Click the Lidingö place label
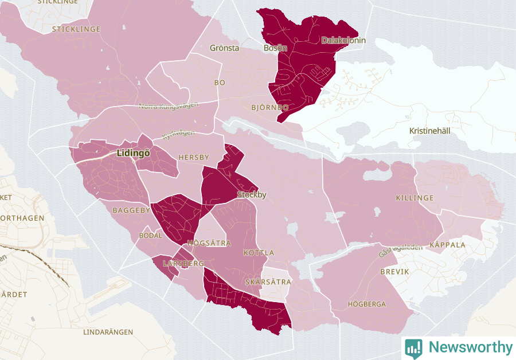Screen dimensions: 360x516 coord(132,154)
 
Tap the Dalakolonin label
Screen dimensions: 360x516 coord(343,41)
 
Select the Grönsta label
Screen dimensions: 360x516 coord(224,48)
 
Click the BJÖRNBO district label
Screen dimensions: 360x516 coord(269,107)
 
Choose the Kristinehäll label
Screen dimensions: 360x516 coord(430,131)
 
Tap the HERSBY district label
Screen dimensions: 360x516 coord(194,157)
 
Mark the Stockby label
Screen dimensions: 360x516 coord(252,195)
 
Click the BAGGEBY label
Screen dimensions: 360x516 coord(131,210)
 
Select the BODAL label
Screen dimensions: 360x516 coord(151,236)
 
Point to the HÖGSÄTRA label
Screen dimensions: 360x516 coord(209,243)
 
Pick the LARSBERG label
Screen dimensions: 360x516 coord(183,263)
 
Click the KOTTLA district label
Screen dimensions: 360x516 coord(259,253)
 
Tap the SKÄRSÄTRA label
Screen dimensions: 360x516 coord(268,282)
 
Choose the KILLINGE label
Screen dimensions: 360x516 coord(415,198)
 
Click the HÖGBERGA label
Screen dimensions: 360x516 coord(367,304)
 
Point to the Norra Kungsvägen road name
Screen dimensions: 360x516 coord(169,105)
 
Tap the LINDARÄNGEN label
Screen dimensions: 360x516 coord(108,332)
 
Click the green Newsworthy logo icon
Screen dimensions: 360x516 coord(413,347)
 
